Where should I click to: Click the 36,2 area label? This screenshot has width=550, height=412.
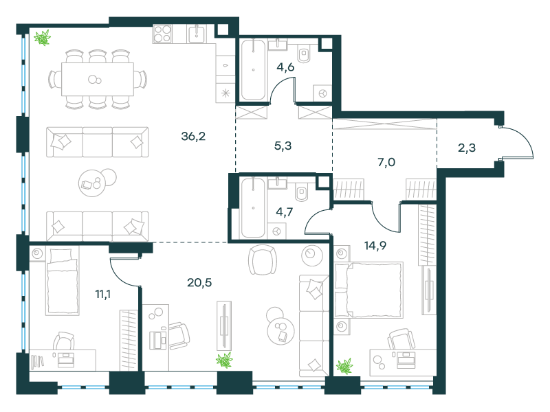pos(193,136)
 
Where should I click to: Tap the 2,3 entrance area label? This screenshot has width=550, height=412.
pos(467,148)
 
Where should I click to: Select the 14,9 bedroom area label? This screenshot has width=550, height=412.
pos(375,245)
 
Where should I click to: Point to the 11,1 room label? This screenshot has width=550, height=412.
pos(102,294)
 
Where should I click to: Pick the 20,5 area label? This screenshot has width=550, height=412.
pos(199,282)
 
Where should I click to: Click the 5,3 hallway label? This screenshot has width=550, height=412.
pos(283,146)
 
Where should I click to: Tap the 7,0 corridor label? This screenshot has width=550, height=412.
pos(386,162)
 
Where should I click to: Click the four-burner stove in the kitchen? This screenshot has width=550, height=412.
pos(162,34)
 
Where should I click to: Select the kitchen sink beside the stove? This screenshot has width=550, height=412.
pos(197,34)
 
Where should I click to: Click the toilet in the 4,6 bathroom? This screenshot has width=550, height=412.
pos(304,54)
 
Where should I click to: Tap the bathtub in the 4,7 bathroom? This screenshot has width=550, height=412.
pos(253,207)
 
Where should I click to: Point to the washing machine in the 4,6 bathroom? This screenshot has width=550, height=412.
pos(322,93)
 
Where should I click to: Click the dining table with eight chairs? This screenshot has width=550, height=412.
pos(98,79)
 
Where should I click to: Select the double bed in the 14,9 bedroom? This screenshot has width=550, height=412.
pos(368,290)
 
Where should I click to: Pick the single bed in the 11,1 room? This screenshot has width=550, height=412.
pos(62,282)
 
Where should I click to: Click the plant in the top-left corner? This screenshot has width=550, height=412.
pos(43,38)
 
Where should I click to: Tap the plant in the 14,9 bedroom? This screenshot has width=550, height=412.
pos(344,367)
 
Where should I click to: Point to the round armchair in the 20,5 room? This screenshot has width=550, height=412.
pos(263,260)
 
